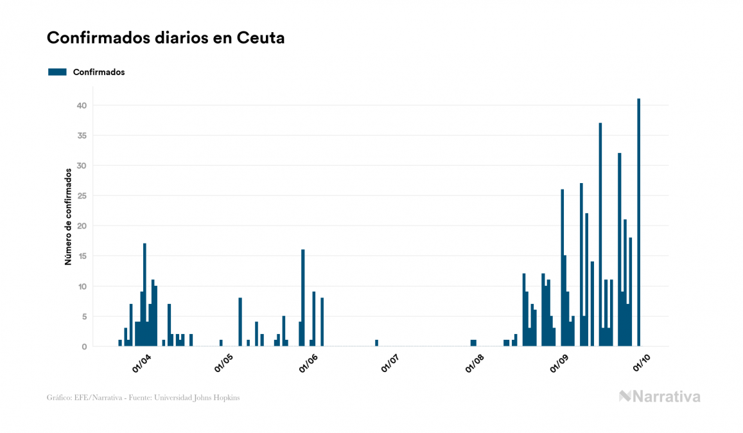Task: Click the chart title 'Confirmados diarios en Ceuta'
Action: (x=166, y=38)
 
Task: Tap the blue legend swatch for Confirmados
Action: (x=57, y=72)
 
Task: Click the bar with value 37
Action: (x=600, y=234)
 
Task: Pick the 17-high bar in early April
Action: (x=144, y=295)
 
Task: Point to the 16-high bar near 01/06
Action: (x=303, y=298)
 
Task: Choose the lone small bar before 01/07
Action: (x=376, y=343)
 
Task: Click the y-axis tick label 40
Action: (x=82, y=105)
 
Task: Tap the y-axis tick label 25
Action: (x=82, y=196)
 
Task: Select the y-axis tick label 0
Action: (x=84, y=347)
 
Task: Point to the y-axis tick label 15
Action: (x=82, y=256)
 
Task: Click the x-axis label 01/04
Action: (x=141, y=363)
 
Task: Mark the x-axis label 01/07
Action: (x=390, y=363)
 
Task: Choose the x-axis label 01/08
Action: (x=475, y=363)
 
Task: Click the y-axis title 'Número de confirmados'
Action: (x=67, y=216)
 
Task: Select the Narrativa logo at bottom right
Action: (x=660, y=396)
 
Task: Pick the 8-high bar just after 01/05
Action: (x=240, y=322)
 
